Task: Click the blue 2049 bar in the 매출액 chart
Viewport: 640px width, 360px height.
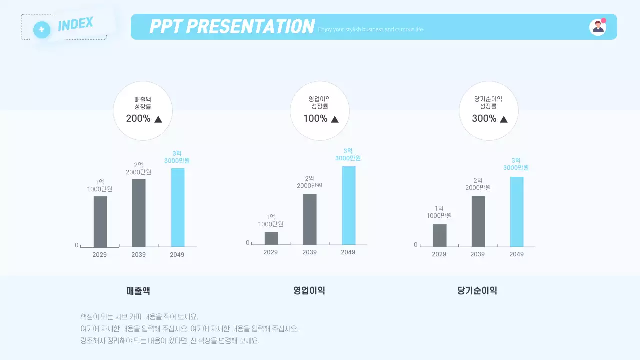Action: (x=178, y=207)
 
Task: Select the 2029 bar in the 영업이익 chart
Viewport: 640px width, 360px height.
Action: (x=271, y=238)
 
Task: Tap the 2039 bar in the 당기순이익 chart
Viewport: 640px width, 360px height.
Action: (x=478, y=221)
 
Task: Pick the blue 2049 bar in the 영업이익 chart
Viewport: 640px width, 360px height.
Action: (x=349, y=205)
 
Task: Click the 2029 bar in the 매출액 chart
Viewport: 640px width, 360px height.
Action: (x=100, y=221)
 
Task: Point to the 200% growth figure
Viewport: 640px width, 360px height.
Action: (x=138, y=119)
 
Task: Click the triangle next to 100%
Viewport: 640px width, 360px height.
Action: (x=335, y=119)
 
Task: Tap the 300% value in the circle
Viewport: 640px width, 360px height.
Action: (x=484, y=119)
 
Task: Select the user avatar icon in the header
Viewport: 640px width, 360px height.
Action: (x=597, y=27)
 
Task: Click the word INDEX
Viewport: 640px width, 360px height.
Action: (x=75, y=24)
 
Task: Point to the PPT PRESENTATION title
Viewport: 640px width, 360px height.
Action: (x=232, y=26)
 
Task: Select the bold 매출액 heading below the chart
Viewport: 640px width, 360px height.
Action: (x=138, y=291)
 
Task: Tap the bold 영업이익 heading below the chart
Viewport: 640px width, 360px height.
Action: (x=309, y=291)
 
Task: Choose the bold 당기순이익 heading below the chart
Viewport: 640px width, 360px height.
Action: (x=477, y=291)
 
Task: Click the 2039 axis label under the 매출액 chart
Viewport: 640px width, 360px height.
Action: (x=139, y=255)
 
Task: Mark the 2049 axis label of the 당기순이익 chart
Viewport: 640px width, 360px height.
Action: (x=516, y=254)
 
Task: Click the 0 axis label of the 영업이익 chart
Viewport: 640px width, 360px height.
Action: (x=247, y=243)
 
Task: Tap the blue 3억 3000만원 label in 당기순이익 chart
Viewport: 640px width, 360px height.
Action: (x=516, y=164)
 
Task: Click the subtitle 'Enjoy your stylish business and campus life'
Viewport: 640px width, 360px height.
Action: (x=370, y=29)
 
